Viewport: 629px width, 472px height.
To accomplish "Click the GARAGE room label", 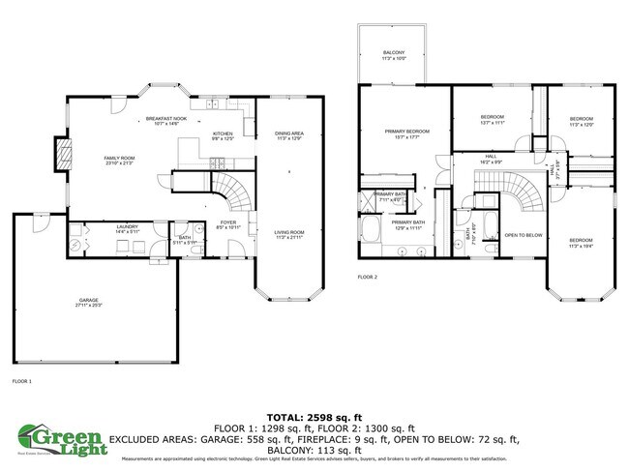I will [89, 302].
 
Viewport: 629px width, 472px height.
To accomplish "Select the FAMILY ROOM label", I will [119, 160].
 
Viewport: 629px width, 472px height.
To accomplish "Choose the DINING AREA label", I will [289, 135].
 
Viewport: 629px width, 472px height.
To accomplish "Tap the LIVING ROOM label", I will [289, 234].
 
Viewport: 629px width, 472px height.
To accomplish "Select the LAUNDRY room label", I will [101, 229].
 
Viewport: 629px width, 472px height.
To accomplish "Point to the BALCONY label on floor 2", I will [393, 54].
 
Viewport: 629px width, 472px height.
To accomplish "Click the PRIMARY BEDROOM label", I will [405, 133].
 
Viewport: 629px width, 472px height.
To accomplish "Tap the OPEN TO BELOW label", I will [524, 235].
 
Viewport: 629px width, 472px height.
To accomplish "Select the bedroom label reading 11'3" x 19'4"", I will [581, 242].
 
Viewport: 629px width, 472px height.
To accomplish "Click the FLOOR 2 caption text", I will [367, 278].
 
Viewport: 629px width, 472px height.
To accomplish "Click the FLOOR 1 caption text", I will [22, 381].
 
